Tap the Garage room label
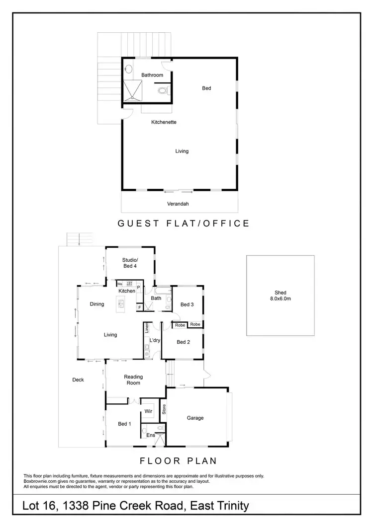tap(195, 418)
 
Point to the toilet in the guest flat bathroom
tap(162, 90)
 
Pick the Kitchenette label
tap(164, 122)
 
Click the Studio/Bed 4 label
tap(130, 263)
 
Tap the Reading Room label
tap(133, 380)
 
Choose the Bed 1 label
tap(124, 424)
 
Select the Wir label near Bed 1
tap(148, 411)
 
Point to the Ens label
tap(150, 435)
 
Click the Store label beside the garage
tap(164, 410)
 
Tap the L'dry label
tap(154, 340)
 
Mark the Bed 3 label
tap(186, 304)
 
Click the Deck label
tap(78, 380)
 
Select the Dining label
tap(97, 304)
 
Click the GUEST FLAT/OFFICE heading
tap(184, 224)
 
